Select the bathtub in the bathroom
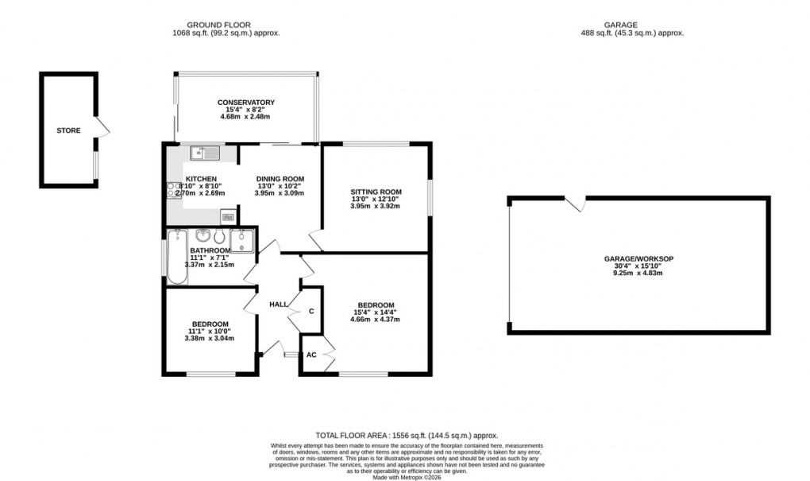pyautogui.click(x=175, y=258)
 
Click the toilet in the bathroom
pyautogui.click(x=221, y=238)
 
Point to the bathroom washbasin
pyautogui.click(x=202, y=235)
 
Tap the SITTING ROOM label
pyautogui.click(x=376, y=192)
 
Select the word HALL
pyautogui.click(x=278, y=305)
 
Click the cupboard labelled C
pyautogui.click(x=311, y=310)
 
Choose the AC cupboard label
pyautogui.click(x=311, y=355)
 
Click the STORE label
pyautogui.click(x=68, y=130)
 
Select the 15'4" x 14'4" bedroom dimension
pyautogui.click(x=376, y=312)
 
